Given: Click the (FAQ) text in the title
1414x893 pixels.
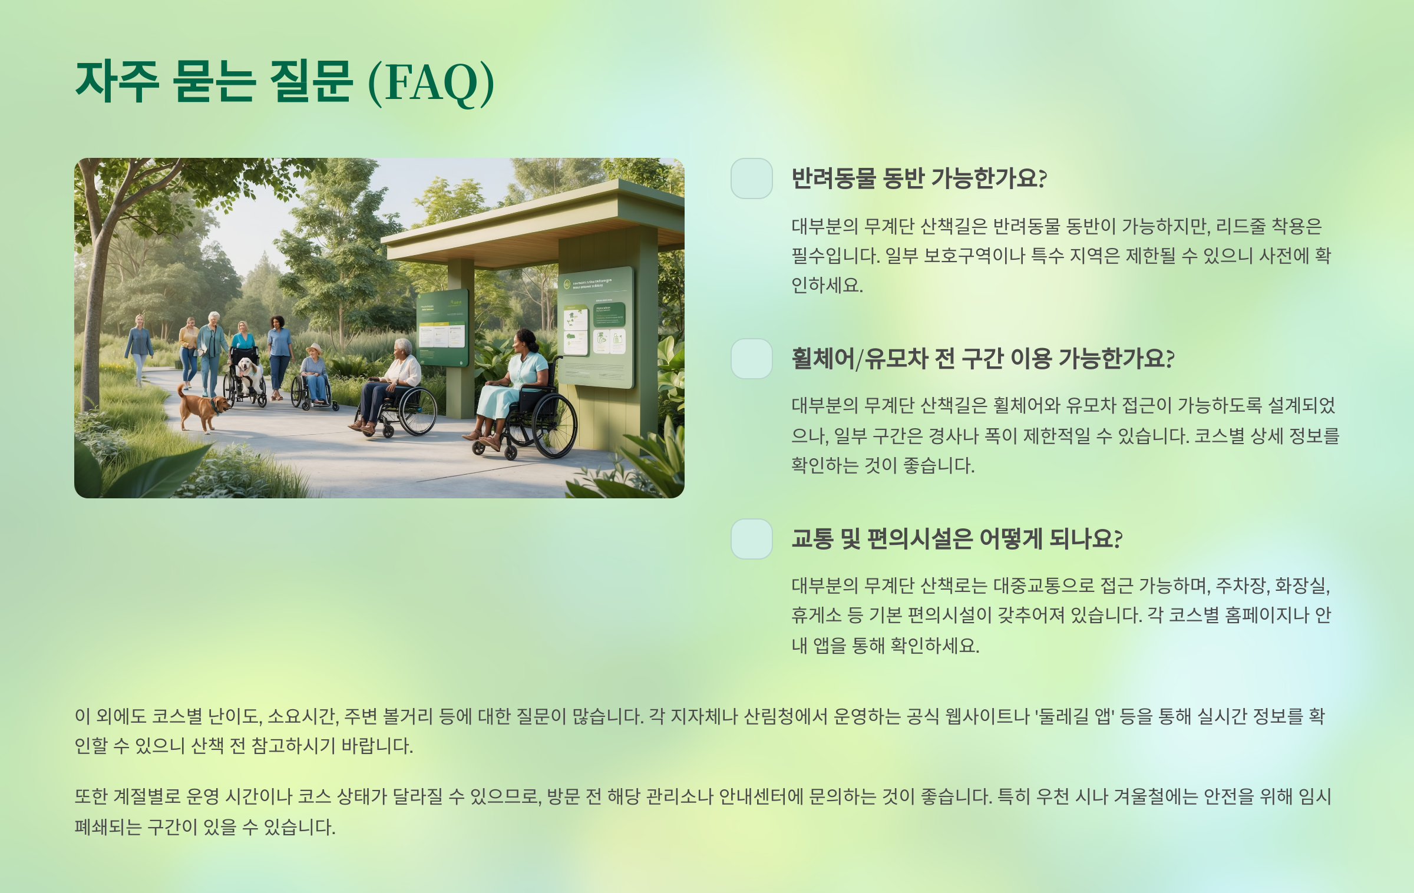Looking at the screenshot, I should click(431, 82).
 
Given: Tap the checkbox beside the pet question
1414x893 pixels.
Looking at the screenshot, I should click(751, 178).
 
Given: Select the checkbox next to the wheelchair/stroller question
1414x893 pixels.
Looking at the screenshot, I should click(751, 359).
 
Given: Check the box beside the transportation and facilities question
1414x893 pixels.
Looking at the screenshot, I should click(751, 539).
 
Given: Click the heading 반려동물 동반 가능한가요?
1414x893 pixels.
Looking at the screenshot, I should click(919, 178).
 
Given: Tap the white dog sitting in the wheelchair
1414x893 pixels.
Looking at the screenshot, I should click(249, 373).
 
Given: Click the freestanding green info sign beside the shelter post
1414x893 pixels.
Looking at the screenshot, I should click(442, 328).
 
